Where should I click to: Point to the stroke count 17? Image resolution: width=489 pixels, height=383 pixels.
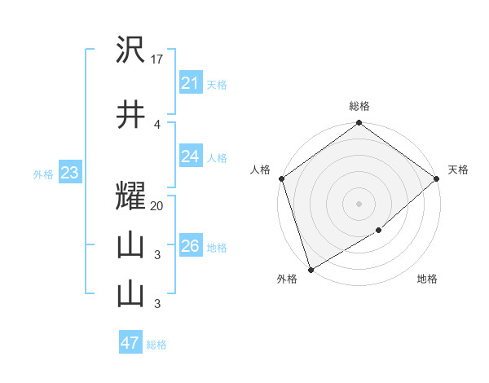(158, 59)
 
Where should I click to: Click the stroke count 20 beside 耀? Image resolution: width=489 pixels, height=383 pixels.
(157, 206)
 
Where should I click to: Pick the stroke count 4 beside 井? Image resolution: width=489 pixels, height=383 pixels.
(157, 124)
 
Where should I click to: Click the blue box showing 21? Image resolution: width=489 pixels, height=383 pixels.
(190, 83)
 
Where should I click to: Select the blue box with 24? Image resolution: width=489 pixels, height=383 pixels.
(190, 156)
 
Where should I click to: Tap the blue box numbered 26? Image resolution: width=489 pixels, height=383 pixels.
(190, 246)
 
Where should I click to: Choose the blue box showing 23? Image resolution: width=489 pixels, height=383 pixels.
(68, 173)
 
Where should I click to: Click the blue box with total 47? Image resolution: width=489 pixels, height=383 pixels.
(130, 343)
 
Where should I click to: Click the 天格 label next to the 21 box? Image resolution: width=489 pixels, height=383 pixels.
(217, 84)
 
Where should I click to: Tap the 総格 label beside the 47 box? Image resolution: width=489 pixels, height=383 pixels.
(156, 345)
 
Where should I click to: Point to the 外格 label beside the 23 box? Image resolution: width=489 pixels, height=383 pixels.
(42, 174)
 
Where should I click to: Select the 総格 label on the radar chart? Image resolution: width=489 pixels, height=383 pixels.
(359, 106)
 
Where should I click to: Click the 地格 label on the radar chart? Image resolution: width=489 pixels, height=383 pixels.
(427, 280)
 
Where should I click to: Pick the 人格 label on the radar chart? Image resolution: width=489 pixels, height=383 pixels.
(261, 169)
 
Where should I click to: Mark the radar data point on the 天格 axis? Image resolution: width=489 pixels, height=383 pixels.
(437, 178)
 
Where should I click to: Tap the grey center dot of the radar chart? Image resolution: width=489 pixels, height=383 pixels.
(359, 203)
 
